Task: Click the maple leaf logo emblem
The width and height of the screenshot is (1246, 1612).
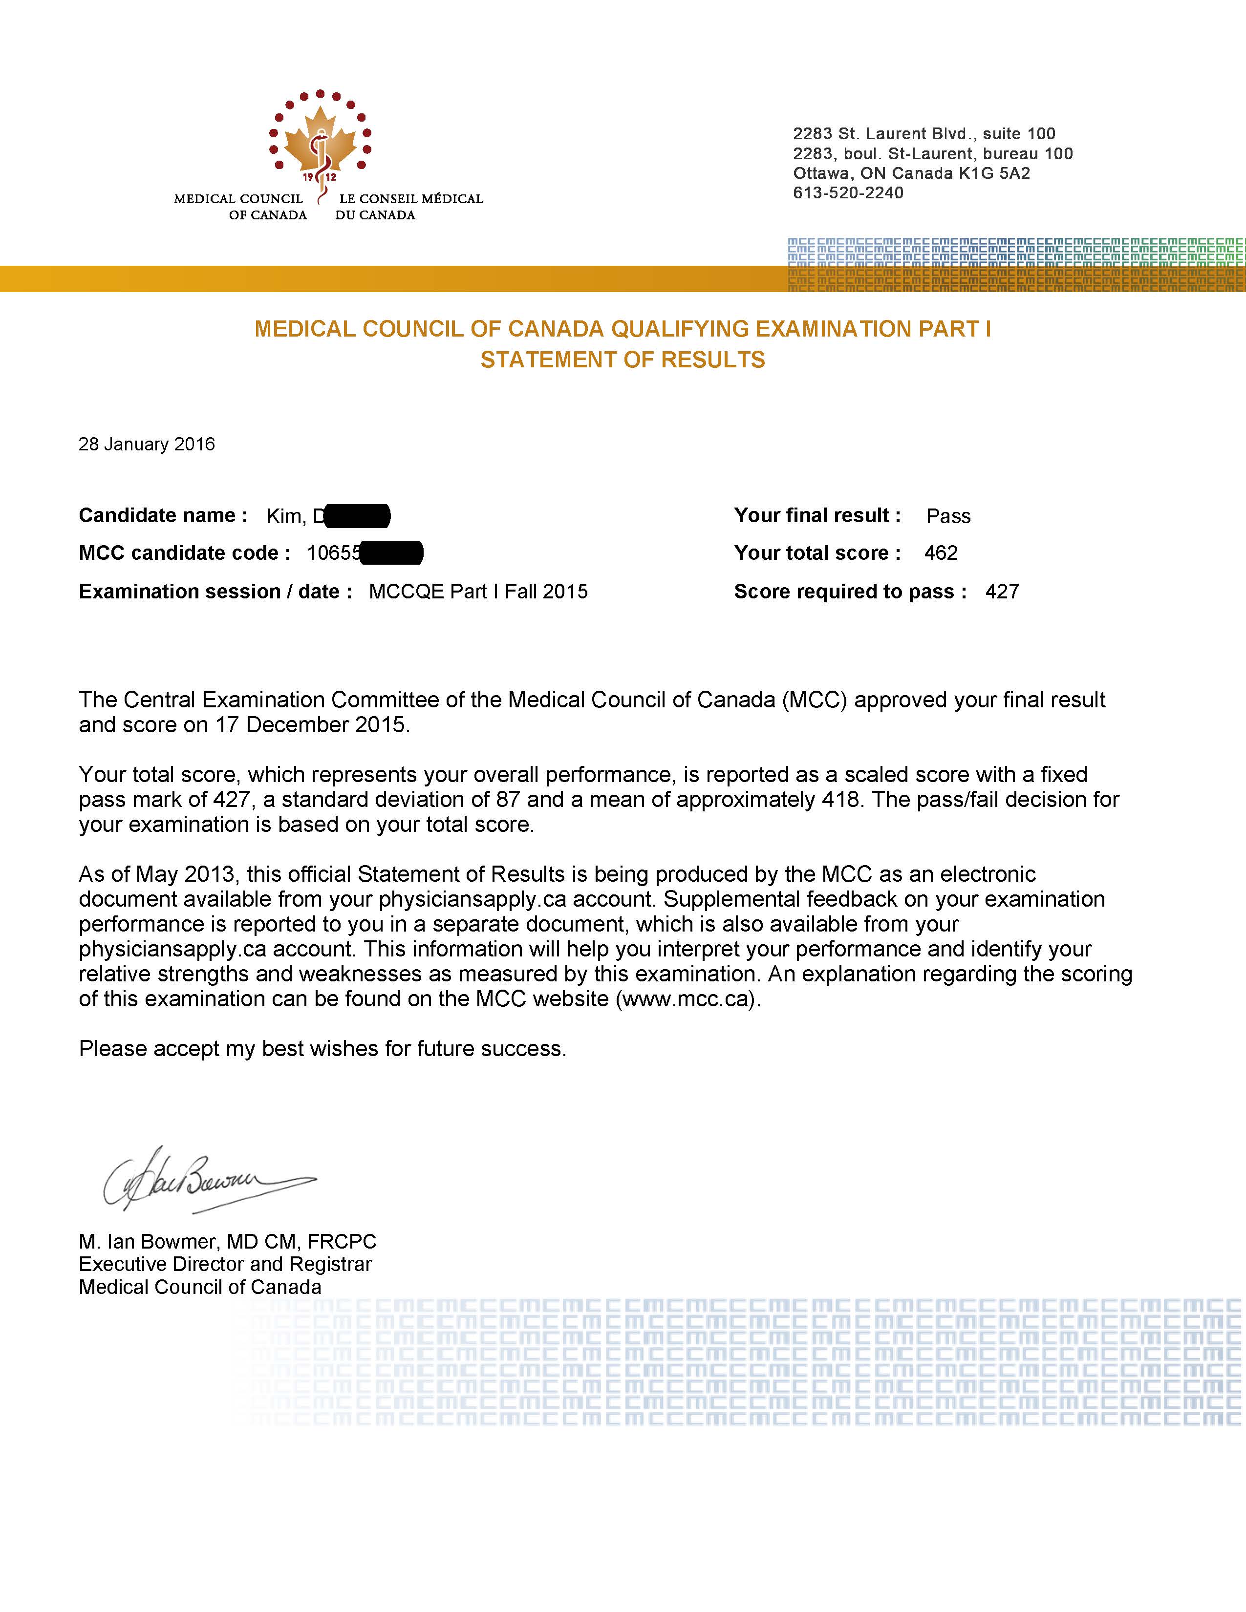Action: point(320,140)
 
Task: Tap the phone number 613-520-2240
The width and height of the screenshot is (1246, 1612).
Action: point(848,192)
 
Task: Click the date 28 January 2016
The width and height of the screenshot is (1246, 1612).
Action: point(147,445)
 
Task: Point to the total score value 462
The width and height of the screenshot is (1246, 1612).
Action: point(941,553)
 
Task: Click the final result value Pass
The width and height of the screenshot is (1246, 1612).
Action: point(948,516)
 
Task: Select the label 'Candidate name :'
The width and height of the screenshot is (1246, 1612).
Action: point(163,515)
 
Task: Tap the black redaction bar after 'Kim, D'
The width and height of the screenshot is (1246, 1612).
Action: point(357,516)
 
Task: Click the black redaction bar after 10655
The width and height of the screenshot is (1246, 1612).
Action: point(392,553)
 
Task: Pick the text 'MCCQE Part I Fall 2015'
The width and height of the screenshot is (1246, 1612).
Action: point(478,591)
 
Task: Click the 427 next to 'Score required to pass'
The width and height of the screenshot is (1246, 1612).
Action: point(1002,591)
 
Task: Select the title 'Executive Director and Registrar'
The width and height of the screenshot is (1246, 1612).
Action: point(225,1264)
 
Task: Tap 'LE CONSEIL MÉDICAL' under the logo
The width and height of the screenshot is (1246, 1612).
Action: point(410,198)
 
